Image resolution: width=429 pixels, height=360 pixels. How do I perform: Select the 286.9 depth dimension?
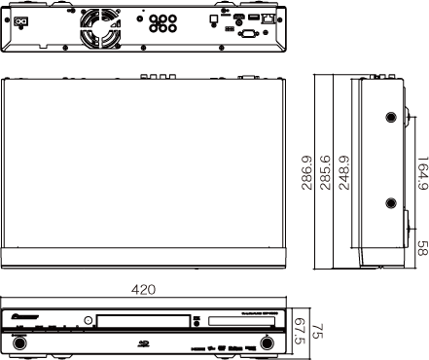click(307, 171)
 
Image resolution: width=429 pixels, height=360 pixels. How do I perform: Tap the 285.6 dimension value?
click(326, 171)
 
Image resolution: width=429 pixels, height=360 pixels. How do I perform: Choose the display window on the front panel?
click(233, 320)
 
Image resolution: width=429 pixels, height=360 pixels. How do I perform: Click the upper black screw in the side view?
click(391, 116)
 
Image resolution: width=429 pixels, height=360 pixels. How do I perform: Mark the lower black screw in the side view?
click(391, 203)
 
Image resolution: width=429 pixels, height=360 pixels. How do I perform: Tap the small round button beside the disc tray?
click(87, 320)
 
